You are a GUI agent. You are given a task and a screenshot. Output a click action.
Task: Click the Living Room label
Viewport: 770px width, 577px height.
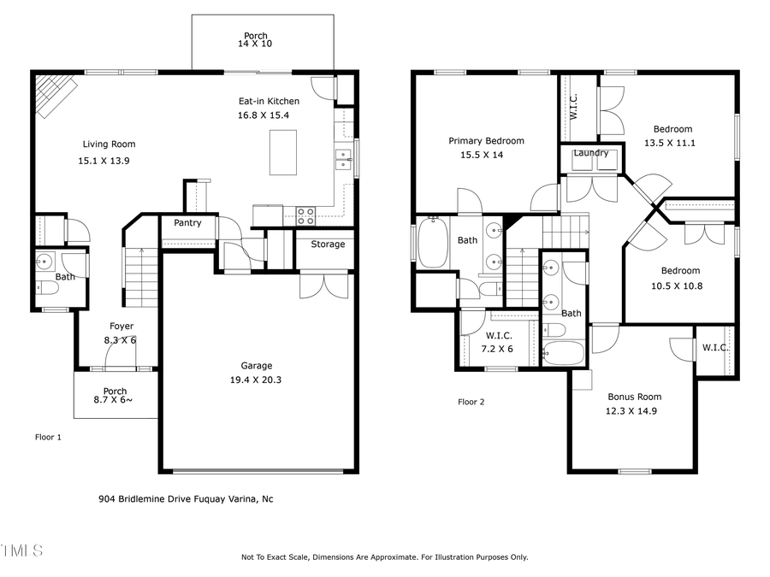coord(109,144)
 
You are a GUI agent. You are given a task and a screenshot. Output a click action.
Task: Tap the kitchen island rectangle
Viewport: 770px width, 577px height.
coord(282,153)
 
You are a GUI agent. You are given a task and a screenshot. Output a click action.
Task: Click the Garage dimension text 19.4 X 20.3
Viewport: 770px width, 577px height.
coord(256,381)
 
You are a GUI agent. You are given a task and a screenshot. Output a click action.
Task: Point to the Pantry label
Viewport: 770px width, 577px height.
coord(187,223)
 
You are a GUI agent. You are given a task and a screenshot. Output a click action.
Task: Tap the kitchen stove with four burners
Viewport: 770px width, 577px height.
coord(306,215)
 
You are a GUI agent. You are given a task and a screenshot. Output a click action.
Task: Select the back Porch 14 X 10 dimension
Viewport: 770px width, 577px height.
coord(256,44)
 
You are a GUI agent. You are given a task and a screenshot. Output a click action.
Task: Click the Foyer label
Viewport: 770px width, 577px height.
coord(121,327)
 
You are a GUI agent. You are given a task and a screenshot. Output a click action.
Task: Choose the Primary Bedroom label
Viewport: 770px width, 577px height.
coord(486,141)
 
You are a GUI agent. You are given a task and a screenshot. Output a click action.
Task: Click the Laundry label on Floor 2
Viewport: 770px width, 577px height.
coord(591,153)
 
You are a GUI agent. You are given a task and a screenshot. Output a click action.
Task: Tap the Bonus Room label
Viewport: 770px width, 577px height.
coord(634,397)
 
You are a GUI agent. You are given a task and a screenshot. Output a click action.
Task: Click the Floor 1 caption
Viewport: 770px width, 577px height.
coord(48,437)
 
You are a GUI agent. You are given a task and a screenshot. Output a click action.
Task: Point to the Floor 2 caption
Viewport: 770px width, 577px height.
coord(471,402)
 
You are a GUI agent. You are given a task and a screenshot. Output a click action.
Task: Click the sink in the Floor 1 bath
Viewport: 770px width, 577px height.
coord(45,262)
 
